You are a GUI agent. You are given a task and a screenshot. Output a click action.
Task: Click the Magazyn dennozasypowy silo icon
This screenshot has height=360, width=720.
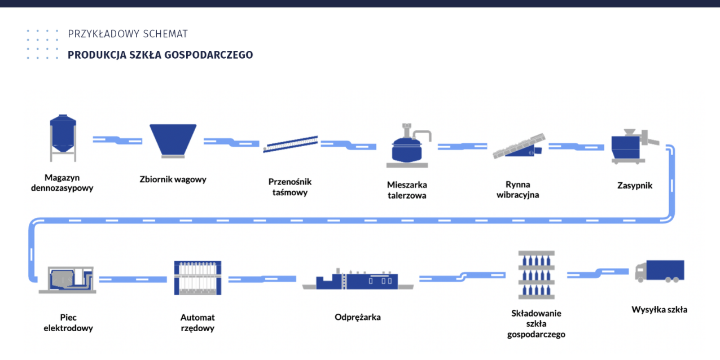(x=63, y=138)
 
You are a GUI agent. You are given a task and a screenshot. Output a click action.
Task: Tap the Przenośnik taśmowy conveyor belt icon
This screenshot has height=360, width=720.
(x=291, y=144)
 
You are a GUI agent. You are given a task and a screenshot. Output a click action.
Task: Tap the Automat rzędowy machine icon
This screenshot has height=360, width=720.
(x=197, y=278)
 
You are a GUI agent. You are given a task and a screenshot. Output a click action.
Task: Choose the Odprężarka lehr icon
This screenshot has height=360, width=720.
(x=357, y=280)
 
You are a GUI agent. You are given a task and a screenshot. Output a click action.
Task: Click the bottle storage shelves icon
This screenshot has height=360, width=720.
(x=536, y=275)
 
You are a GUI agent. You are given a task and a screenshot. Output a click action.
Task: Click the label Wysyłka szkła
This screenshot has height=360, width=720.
(x=659, y=309)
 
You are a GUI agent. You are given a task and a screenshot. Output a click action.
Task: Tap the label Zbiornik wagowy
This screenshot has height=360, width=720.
(x=173, y=179)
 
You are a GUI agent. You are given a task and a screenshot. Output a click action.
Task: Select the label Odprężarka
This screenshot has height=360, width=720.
(x=357, y=317)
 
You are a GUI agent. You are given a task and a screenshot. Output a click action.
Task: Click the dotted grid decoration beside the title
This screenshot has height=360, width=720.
(x=42, y=44)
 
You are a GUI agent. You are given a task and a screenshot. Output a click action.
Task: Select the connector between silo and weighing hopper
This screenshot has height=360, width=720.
(x=117, y=139)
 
